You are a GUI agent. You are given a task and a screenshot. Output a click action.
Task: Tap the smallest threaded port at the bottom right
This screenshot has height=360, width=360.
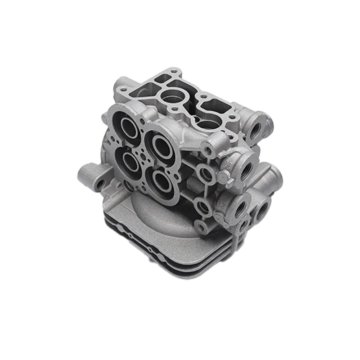[244, 224]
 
